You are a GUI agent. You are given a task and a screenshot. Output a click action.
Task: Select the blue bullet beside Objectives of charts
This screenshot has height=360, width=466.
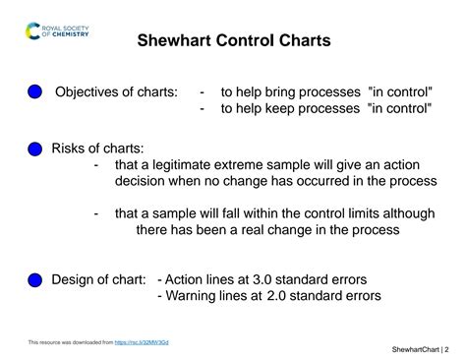[34, 91]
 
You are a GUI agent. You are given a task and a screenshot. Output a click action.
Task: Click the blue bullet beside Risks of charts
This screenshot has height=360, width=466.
[34, 149]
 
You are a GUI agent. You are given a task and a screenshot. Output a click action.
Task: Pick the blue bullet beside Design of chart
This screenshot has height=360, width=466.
[34, 280]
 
